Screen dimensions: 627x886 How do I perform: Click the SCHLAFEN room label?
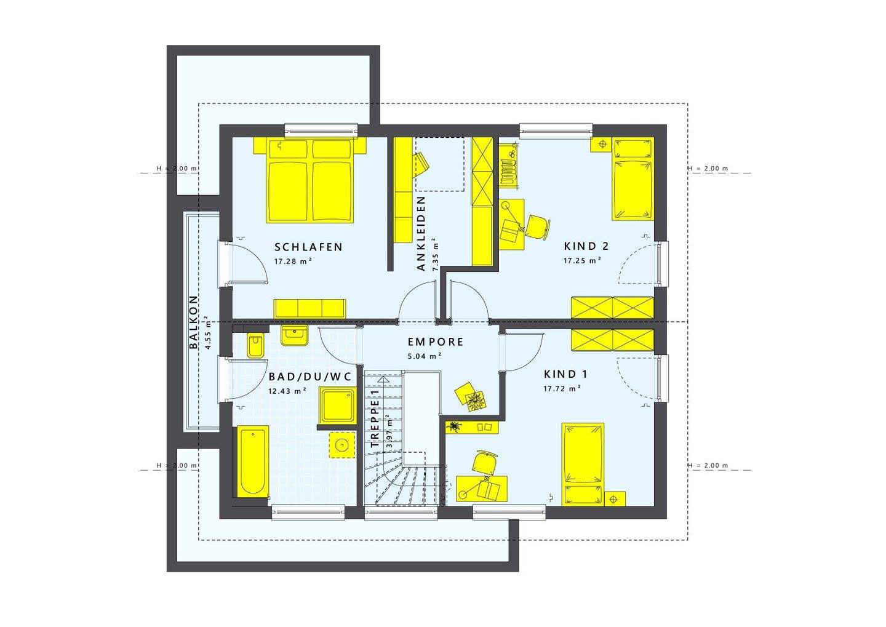pos(308,247)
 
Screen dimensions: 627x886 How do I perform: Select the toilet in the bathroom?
pos(255,346)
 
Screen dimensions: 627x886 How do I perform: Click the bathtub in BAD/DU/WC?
pos(252,461)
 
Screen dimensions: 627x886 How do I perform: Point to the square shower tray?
pos(335,405)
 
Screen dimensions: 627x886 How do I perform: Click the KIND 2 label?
pos(586,246)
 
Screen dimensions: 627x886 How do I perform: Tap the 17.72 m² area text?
pos(562,388)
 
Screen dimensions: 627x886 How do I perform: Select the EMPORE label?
pos(436,342)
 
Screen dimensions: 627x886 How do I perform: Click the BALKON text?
pos(194,322)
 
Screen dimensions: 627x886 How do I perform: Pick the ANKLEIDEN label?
pos(421,234)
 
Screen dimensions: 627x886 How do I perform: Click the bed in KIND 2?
pos(632,180)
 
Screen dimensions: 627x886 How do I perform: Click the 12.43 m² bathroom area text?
pos(287,390)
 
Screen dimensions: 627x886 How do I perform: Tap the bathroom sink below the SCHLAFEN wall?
pos(294,335)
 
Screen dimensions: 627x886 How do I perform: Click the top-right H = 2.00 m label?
pos(708,169)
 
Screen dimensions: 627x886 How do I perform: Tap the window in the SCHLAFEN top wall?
pos(321,130)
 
